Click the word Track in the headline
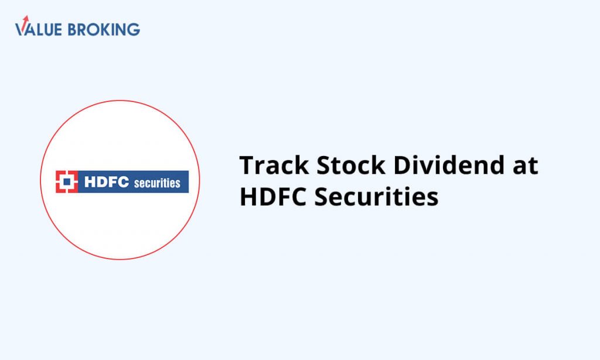tap(274, 165)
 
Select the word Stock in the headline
tap(351, 165)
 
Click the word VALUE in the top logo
tap(38, 29)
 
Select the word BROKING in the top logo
tap(104, 29)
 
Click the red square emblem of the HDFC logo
tap(67, 182)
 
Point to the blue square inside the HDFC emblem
tap(67, 182)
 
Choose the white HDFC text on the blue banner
tap(107, 182)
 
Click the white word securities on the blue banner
tap(157, 183)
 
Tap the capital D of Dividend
tap(403, 165)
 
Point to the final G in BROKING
tap(134, 29)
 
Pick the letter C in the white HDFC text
tap(123, 182)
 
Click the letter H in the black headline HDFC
tap(248, 196)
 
